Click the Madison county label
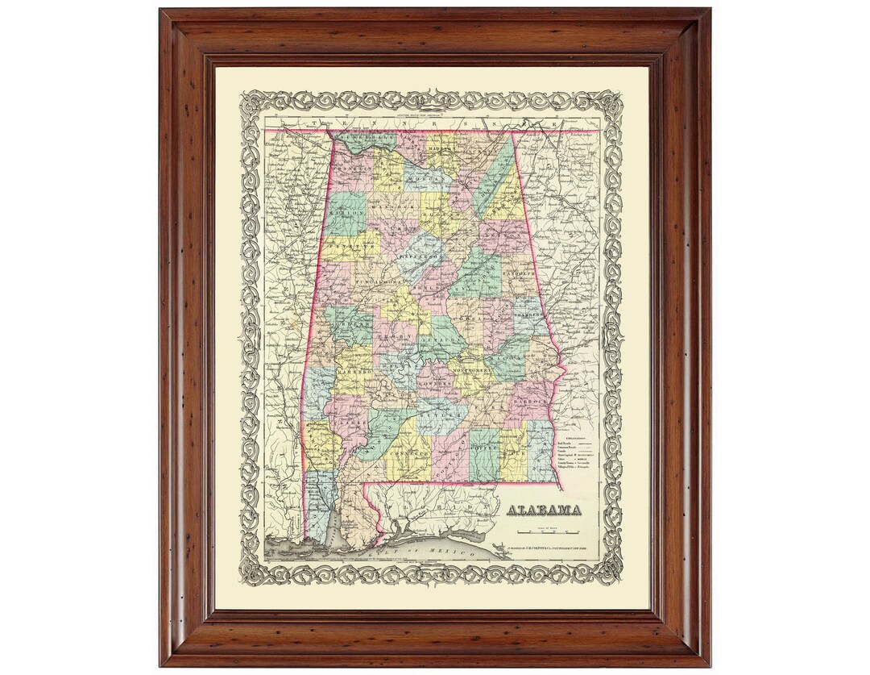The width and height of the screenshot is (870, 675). tap(442, 151)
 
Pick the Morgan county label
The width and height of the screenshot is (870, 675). tap(422, 177)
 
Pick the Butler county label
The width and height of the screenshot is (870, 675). tap(431, 415)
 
